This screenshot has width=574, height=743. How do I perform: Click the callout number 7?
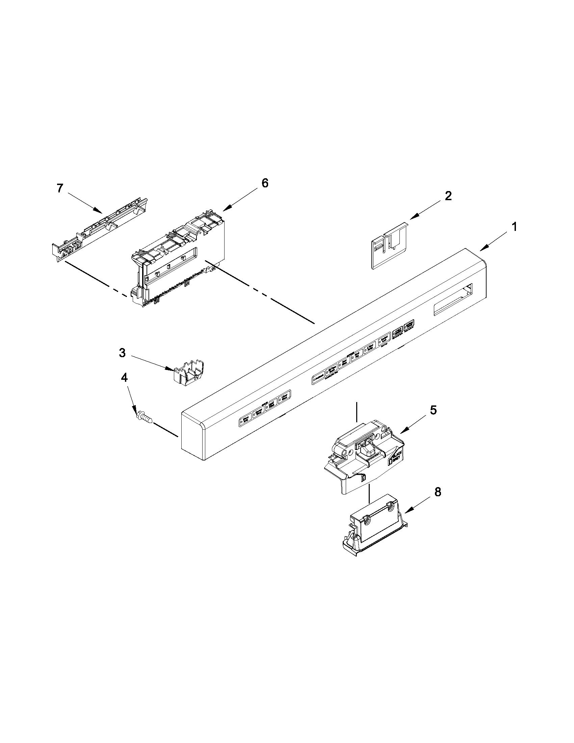point(59,188)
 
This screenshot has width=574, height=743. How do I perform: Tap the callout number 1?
point(514,227)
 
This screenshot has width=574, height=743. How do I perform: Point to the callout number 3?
point(122,353)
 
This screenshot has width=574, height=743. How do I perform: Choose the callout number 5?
point(433,410)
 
